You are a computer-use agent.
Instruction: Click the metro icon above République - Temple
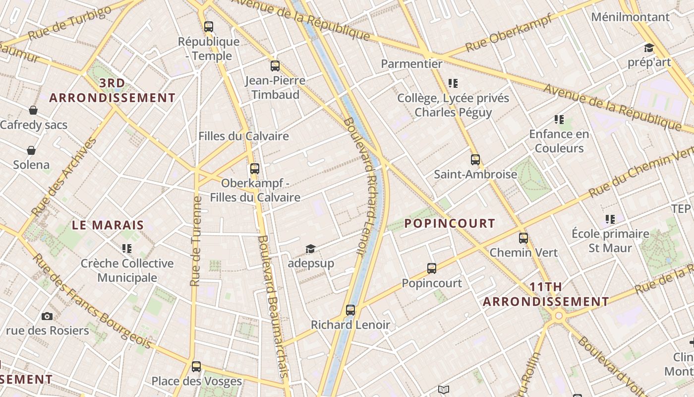tap(209, 27)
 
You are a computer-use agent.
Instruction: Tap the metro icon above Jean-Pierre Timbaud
tap(275, 66)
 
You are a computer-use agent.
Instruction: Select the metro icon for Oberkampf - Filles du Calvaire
tap(255, 169)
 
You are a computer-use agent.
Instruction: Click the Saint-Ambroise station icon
tap(475, 160)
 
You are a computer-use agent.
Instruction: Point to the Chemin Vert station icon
tap(523, 238)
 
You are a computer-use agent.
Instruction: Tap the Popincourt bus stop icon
tap(432, 268)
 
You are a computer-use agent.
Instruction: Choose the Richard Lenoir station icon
tap(350, 310)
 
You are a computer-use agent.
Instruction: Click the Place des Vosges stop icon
tap(196, 367)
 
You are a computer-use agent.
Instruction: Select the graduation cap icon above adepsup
tap(310, 249)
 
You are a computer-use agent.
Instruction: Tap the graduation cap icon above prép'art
tap(649, 48)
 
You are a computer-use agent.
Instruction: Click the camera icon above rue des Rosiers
tap(47, 316)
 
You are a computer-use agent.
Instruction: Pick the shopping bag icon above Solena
tap(31, 150)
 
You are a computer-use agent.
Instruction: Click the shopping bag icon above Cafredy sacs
tap(33, 110)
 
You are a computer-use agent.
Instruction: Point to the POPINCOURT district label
tap(450, 223)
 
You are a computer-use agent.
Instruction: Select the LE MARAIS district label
tap(108, 225)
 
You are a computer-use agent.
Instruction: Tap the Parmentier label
tap(411, 64)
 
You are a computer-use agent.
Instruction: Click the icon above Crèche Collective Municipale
tap(127, 248)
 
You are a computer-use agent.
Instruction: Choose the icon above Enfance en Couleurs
tap(559, 120)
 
